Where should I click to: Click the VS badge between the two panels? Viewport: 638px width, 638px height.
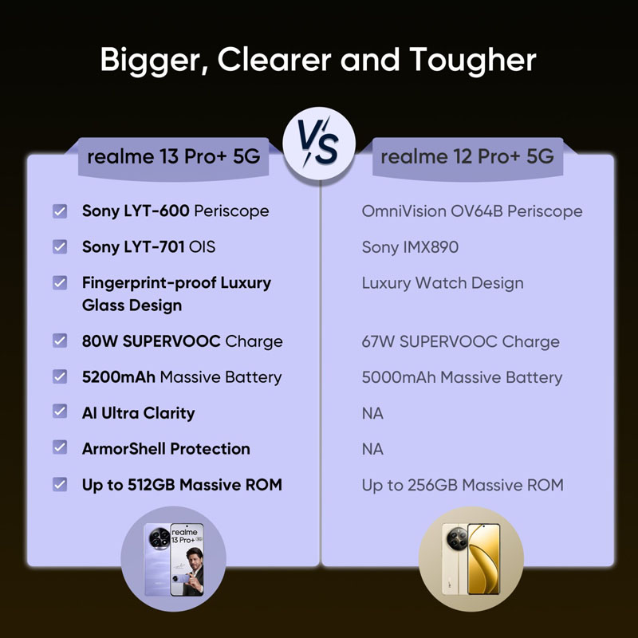tap(319, 144)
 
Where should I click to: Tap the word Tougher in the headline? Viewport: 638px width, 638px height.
tap(473, 61)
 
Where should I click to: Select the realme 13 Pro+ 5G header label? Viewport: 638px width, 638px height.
tap(174, 156)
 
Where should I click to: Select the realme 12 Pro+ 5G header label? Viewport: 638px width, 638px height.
tap(467, 156)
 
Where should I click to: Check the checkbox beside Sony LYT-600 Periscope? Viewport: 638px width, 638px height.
tap(60, 211)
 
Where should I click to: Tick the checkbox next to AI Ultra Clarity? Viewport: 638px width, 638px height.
tap(60, 412)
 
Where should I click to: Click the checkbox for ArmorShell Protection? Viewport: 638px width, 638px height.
tap(60, 447)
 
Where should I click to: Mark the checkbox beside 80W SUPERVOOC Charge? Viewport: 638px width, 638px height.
tap(60, 341)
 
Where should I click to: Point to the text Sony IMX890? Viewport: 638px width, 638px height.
tap(410, 247)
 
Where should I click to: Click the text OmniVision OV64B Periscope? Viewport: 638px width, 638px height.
tap(472, 211)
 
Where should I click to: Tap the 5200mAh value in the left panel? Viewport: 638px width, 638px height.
tap(118, 377)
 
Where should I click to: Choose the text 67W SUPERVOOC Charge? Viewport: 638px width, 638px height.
tap(461, 342)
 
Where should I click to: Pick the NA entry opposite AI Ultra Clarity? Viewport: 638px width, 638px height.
tap(372, 413)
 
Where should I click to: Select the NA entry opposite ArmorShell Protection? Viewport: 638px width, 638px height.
tap(372, 449)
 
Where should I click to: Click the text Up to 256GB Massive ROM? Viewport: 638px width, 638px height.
tap(463, 485)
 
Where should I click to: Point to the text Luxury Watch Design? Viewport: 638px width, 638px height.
tap(443, 283)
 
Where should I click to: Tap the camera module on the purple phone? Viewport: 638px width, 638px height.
tap(159, 538)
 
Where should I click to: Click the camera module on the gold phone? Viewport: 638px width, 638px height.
tap(456, 538)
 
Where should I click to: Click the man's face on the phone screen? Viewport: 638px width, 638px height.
tap(193, 557)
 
